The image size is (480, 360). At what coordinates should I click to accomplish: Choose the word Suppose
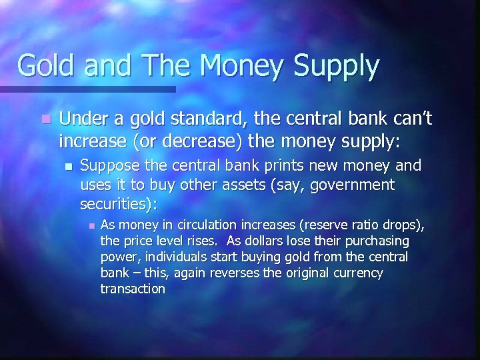click(x=107, y=166)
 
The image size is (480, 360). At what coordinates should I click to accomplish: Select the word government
click(x=357, y=184)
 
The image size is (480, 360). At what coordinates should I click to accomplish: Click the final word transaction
click(x=132, y=289)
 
